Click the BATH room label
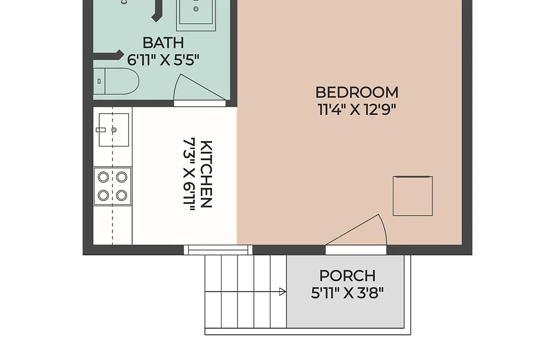(x=163, y=43)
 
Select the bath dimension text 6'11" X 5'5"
(x=163, y=60)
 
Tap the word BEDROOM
(x=357, y=93)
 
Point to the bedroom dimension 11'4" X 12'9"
(x=357, y=110)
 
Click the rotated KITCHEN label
(x=207, y=174)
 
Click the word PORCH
(x=347, y=276)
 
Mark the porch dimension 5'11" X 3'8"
(x=347, y=293)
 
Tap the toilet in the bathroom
(x=116, y=81)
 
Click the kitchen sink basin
(x=114, y=130)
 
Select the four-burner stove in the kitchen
(x=113, y=186)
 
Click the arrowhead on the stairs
(x=283, y=292)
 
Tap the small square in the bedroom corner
(x=413, y=196)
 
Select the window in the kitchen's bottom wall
(x=218, y=250)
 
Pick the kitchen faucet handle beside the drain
(x=101, y=130)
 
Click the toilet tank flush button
(x=99, y=81)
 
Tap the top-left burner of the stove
(x=103, y=177)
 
